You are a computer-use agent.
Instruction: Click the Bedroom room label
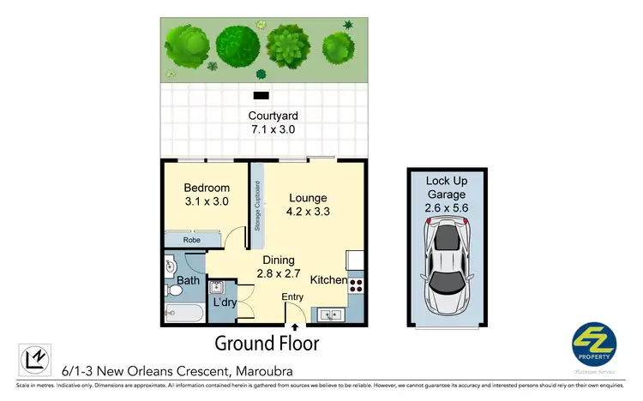pyautogui.click(x=207, y=188)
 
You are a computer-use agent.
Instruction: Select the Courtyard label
pyautogui.click(x=273, y=117)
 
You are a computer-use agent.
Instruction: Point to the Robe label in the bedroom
pyautogui.click(x=190, y=241)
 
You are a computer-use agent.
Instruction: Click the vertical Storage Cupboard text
pyautogui.click(x=256, y=206)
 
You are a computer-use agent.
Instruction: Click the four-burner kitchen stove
pyautogui.click(x=356, y=283)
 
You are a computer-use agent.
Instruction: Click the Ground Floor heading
pyautogui.click(x=267, y=344)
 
